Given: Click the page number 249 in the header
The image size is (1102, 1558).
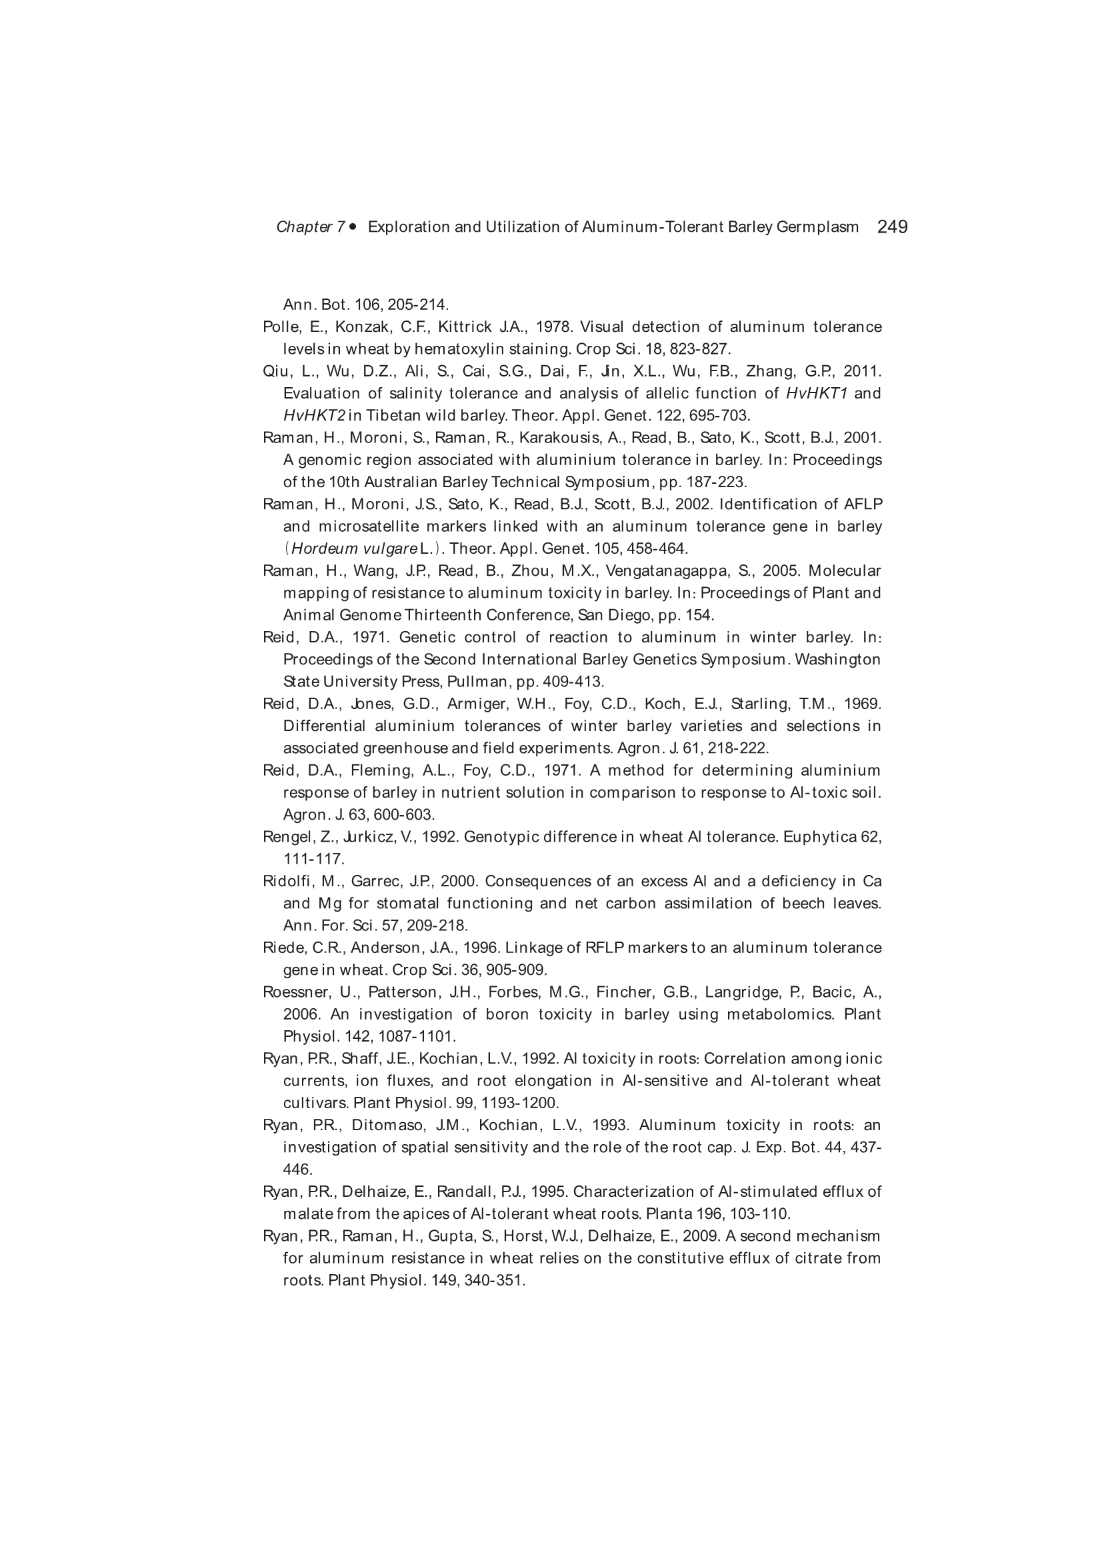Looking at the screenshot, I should pyautogui.click(x=892, y=227).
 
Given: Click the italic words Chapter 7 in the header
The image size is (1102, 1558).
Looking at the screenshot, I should pyautogui.click(x=311, y=227).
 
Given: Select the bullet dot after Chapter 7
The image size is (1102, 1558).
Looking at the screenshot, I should pyautogui.click(x=353, y=227).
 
